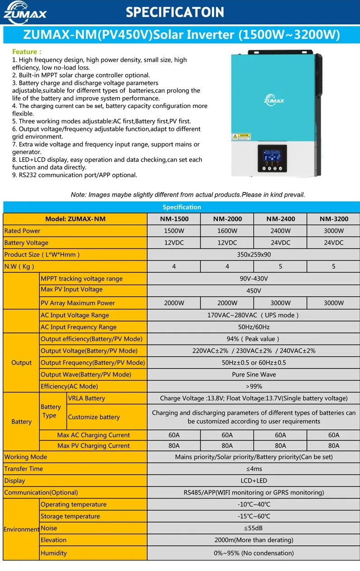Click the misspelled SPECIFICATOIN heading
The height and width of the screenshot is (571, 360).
[175, 12]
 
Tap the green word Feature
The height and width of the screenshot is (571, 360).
[27, 52]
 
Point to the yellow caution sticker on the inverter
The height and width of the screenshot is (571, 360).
[241, 136]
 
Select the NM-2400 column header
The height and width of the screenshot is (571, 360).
[281, 219]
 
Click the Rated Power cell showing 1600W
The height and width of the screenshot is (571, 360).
[227, 231]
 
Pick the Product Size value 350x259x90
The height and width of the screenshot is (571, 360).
[254, 255]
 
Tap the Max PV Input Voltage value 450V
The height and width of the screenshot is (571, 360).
[254, 291]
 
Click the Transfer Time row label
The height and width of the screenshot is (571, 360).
[23, 469]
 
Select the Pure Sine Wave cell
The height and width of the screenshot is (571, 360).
[254, 374]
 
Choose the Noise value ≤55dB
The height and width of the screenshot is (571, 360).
[254, 528]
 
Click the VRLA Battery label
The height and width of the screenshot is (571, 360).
[86, 398]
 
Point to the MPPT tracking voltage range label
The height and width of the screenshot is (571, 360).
[82, 279]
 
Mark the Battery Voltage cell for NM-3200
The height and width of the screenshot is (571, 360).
[334, 243]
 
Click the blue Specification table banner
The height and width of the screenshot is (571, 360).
[182, 207]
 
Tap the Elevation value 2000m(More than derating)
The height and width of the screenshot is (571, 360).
[254, 540]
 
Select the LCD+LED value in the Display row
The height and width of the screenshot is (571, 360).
[254, 481]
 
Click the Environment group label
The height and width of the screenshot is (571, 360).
[21, 529]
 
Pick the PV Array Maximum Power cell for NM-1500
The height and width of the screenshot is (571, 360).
[174, 303]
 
